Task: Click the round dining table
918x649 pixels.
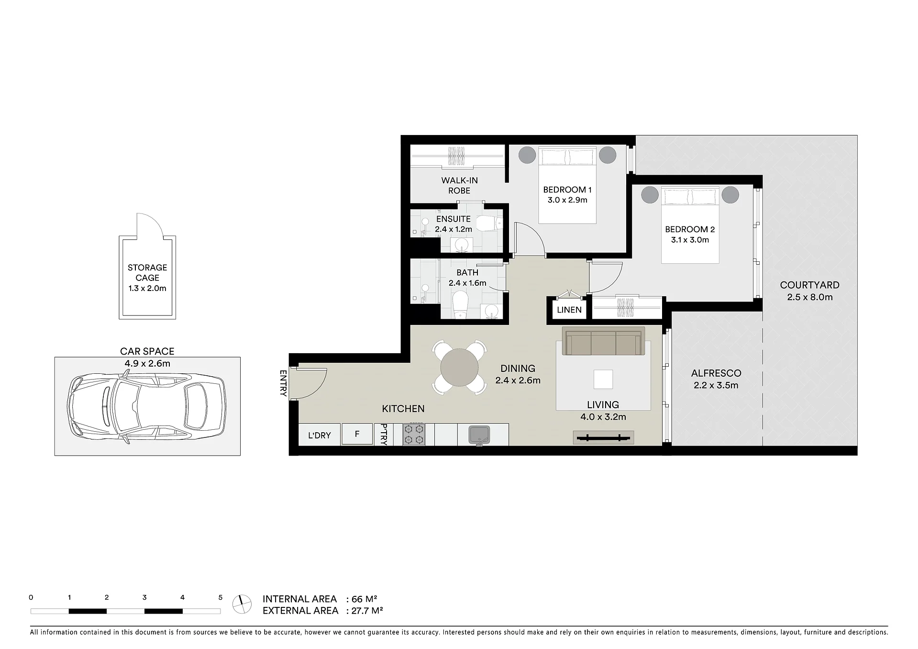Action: [x=459, y=368]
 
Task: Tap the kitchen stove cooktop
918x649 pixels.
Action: [x=414, y=434]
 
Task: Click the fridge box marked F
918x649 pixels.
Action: [x=357, y=435]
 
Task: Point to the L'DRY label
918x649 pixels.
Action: [x=319, y=436]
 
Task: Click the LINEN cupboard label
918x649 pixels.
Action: [x=569, y=310]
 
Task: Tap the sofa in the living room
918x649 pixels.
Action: [x=603, y=341]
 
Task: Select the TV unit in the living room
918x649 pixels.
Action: [x=603, y=437]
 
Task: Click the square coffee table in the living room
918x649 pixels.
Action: [x=603, y=379]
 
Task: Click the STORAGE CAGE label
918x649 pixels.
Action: [x=147, y=273]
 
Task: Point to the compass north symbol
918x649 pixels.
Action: [x=242, y=604]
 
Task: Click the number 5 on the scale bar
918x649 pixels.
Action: [x=221, y=597]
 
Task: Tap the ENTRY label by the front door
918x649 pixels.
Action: [x=283, y=383]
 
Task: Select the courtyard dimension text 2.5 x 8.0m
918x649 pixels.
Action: [x=809, y=297]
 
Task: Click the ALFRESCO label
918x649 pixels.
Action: [x=716, y=373]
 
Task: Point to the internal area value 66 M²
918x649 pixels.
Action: [x=365, y=599]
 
